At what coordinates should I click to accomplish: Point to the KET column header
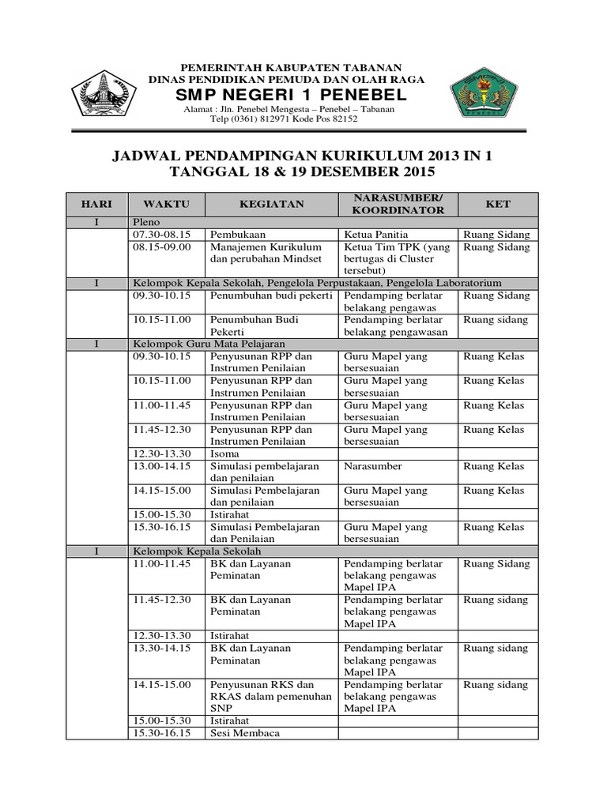(498, 204)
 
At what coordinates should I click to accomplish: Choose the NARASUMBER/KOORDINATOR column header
(398, 204)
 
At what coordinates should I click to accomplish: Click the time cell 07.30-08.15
(163, 235)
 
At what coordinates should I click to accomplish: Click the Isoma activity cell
(224, 454)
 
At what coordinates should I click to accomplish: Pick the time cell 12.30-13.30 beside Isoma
(163, 454)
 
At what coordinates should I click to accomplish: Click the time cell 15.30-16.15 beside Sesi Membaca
(163, 732)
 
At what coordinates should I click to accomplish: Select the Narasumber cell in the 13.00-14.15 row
(373, 466)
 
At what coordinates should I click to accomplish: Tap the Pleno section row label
(147, 223)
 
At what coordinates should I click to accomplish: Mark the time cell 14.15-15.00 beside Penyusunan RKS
(163, 684)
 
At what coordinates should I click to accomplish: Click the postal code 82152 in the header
(343, 119)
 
